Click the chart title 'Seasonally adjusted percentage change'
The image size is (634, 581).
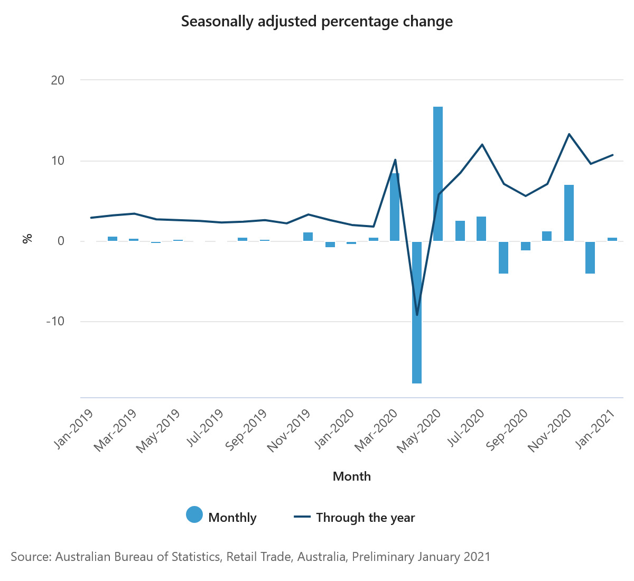pos(317,22)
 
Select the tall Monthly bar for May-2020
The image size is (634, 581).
pos(438,174)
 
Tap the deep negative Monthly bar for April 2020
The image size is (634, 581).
pos(417,312)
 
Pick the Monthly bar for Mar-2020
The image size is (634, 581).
pos(395,207)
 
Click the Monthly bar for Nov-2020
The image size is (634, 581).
pos(569,213)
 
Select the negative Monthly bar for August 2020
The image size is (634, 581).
pos(504,257)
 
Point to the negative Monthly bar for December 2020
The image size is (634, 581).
pos(590,257)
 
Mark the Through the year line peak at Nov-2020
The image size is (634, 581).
pos(569,134)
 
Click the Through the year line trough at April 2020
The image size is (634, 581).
pos(417,315)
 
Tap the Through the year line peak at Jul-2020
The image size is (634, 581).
pos(482,145)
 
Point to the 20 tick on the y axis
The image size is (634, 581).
pos(58,80)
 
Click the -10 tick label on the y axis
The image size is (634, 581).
pos(55,322)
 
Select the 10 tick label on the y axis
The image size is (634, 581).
pos(58,161)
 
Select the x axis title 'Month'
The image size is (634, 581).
pos(352,476)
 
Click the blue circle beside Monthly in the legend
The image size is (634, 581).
pos(194,515)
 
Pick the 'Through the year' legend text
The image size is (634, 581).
pos(366,518)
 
